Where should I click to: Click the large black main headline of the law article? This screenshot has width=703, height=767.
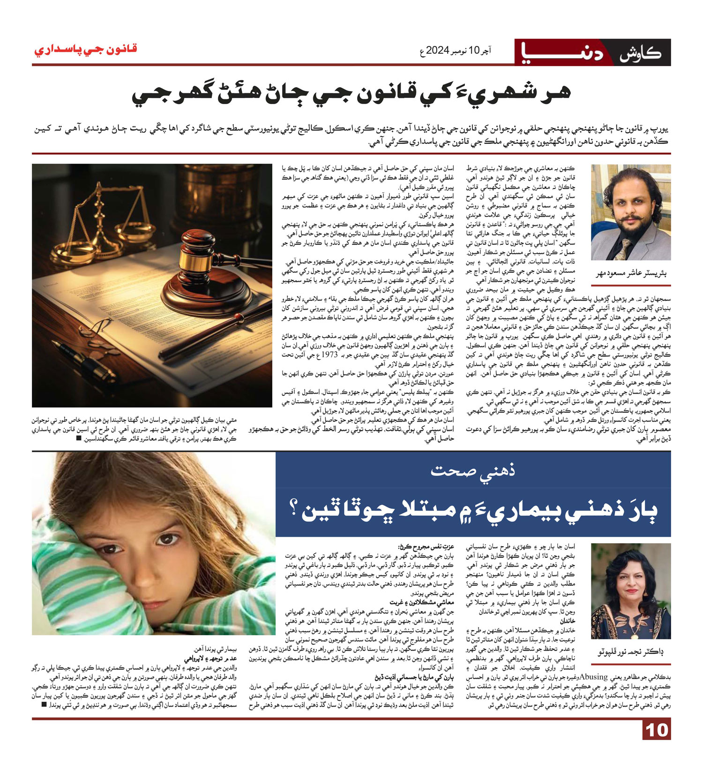pos(351,94)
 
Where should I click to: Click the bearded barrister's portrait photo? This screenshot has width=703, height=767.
pos(630,212)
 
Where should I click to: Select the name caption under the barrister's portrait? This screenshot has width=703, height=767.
pos(631,273)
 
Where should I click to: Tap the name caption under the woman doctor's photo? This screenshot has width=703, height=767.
pos(630,652)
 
